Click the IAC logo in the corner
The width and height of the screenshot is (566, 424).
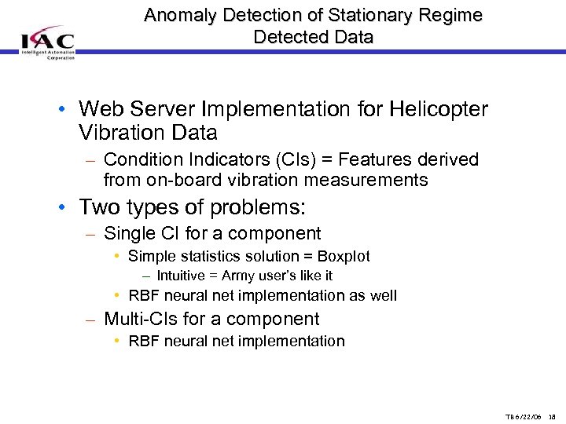(x=47, y=44)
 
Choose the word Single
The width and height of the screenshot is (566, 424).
(x=128, y=233)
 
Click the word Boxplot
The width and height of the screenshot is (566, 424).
(x=344, y=256)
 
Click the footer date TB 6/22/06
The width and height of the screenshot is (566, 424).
(x=522, y=416)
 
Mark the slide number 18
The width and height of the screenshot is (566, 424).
(x=552, y=416)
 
